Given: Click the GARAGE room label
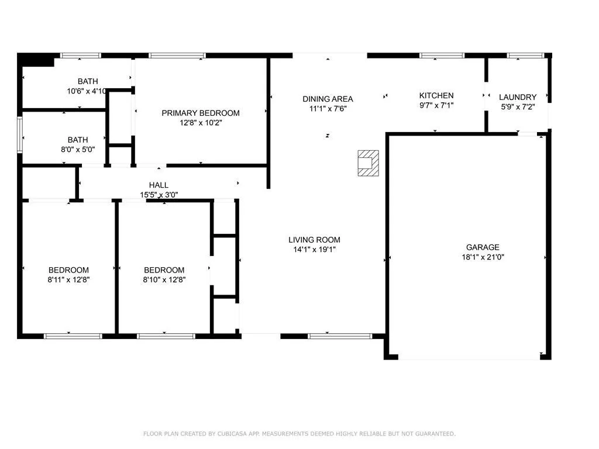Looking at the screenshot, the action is pyautogui.click(x=483, y=247).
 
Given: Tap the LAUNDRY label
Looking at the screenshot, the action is pyautogui.click(x=518, y=98).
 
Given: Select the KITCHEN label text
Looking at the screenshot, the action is pyautogui.click(x=436, y=96).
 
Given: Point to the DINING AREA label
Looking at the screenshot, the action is pyautogui.click(x=328, y=99).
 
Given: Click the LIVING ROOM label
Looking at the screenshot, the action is pyautogui.click(x=314, y=240).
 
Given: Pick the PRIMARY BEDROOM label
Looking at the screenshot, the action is pyautogui.click(x=201, y=113).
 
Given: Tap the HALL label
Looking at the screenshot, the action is pyautogui.click(x=159, y=185).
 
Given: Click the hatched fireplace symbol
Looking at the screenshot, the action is pyautogui.click(x=369, y=164).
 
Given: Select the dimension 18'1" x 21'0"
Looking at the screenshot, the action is pyautogui.click(x=483, y=257).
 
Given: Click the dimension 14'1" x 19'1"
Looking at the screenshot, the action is pyautogui.click(x=314, y=249).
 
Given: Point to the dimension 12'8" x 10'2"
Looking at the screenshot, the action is pyautogui.click(x=201, y=123).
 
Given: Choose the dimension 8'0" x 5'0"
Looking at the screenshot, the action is pyautogui.click(x=78, y=149).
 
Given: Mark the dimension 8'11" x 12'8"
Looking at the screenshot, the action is pyautogui.click(x=68, y=279).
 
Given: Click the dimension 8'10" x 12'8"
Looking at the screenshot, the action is pyautogui.click(x=164, y=279).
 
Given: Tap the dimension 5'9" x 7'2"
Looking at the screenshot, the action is pyautogui.click(x=518, y=107).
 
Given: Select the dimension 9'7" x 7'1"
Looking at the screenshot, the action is pyautogui.click(x=436, y=105).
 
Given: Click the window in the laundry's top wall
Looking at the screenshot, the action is pyautogui.click(x=525, y=56).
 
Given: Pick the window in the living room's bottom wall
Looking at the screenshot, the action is pyautogui.click(x=340, y=336).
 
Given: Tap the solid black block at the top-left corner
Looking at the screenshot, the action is pyautogui.click(x=36, y=60).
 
